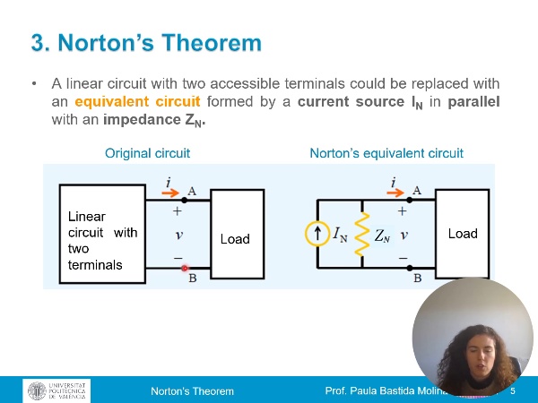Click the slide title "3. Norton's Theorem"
coord(146,43)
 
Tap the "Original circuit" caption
coord(147,153)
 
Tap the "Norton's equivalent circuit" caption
coord(386,153)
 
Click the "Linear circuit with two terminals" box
coord(102,233)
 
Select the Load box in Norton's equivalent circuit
coord(463,233)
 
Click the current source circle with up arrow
coord(317,235)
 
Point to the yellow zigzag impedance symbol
coord(361,235)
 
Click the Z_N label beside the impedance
coord(383,236)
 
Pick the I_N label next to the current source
coord(341,236)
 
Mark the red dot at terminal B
coord(185,268)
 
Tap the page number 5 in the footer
coord(513,391)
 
